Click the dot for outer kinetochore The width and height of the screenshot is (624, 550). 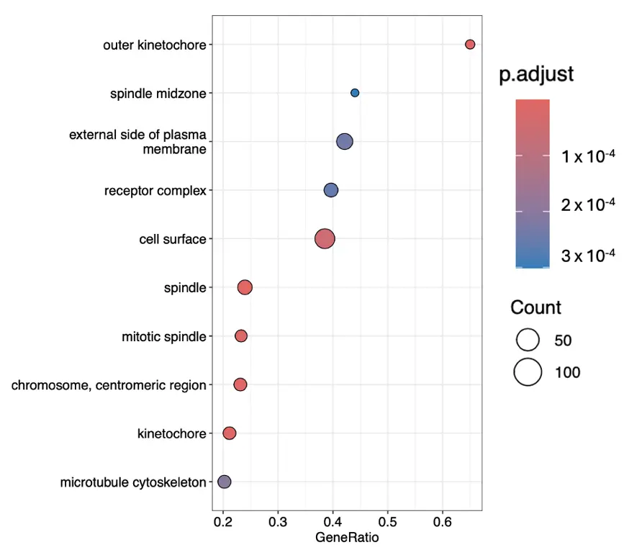(470, 45)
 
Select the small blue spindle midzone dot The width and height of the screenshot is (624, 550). (355, 93)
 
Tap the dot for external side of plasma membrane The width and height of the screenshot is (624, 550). (345, 142)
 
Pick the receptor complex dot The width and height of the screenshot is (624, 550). (331, 190)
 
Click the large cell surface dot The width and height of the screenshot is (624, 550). (325, 238)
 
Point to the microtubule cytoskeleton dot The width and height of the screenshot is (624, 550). (224, 482)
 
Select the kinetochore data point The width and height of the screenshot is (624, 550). (230, 433)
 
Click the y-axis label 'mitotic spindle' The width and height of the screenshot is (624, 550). (164, 336)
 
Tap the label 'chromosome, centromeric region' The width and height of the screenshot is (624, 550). (109, 385)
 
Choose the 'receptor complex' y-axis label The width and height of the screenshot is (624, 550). (155, 191)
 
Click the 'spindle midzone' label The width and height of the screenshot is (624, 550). (158, 94)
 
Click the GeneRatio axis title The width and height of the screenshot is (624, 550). (347, 537)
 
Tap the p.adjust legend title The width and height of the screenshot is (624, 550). (536, 74)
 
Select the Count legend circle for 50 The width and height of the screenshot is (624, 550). (528, 340)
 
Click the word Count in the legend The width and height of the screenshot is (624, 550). (535, 308)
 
